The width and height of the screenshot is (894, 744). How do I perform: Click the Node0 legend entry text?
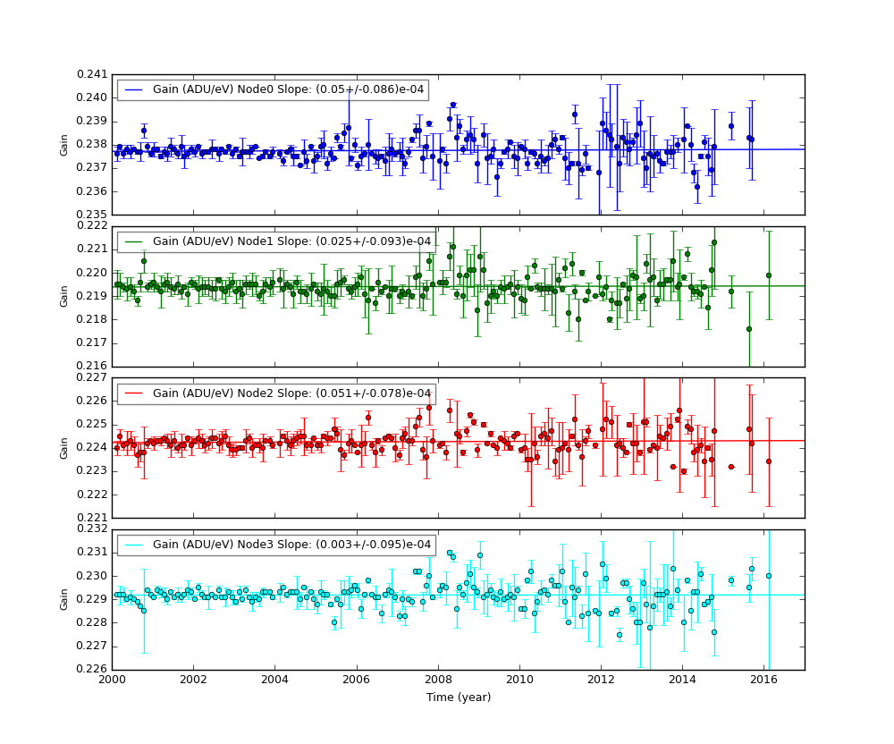286,89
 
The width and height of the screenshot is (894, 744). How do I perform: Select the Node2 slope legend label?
291,393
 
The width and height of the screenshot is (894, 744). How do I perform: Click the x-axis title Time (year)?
458,697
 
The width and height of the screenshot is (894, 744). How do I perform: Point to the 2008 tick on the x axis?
439,680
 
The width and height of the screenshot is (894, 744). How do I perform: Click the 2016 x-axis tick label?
764,680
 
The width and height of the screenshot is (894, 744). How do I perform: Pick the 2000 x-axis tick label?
112,680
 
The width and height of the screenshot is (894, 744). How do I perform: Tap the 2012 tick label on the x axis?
602,680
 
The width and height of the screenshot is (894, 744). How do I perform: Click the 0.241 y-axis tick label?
91,74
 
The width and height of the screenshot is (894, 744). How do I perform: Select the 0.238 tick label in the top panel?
91,144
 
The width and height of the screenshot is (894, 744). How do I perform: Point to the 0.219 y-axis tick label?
91,296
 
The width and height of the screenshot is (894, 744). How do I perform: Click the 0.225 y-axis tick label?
91,424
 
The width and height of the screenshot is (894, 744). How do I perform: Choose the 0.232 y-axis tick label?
91,529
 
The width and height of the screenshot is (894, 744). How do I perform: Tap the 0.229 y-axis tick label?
91,599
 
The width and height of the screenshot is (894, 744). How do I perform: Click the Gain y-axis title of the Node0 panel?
64,144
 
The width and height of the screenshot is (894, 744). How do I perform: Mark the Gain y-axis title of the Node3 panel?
64,599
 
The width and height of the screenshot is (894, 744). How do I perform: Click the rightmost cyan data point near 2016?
769,576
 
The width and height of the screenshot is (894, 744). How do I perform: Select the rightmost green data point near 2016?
769,275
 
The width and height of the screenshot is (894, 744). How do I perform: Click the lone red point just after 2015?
731,467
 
